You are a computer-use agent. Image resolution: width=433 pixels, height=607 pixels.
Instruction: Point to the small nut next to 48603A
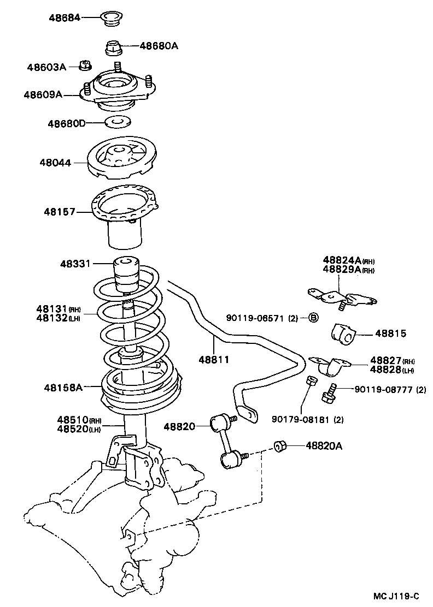tap(85, 66)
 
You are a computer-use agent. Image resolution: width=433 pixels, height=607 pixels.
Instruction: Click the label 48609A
tap(43, 94)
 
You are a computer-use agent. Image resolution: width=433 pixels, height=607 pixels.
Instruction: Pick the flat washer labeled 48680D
tap(117, 122)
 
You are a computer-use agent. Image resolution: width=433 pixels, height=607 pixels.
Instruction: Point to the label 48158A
tap(63, 388)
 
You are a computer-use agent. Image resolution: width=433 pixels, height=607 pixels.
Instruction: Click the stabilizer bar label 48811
tap(214, 360)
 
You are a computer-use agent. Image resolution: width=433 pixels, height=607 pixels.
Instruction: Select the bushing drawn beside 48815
tap(342, 334)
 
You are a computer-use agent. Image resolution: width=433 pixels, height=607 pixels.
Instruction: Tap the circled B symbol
tap(313, 318)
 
